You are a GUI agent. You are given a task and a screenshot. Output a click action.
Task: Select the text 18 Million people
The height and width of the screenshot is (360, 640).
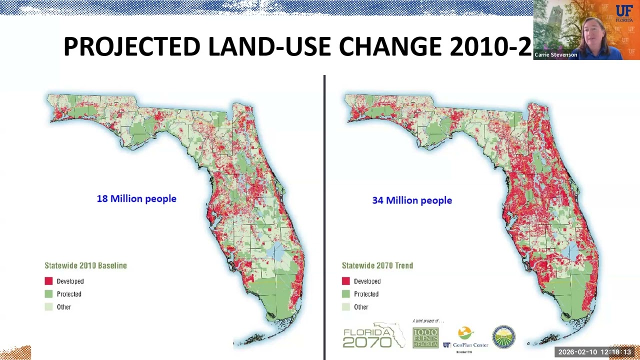136,199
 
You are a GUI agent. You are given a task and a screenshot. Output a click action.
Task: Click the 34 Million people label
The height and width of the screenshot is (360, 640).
412,200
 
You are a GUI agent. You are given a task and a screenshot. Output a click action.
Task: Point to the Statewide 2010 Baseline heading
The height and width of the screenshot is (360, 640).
85,265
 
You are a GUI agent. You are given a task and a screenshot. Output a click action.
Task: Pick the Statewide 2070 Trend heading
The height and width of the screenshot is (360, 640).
377,265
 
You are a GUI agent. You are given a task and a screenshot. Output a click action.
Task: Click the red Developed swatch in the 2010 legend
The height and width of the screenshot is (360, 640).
48,281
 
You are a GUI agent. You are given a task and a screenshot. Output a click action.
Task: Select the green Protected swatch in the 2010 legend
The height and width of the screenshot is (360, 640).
48,294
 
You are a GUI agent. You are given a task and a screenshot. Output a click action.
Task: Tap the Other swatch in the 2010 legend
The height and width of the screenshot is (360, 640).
48,307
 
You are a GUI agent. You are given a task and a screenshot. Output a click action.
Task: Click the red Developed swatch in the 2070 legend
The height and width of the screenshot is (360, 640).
345,281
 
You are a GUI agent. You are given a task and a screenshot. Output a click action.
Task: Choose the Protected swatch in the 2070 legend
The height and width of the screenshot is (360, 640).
345,294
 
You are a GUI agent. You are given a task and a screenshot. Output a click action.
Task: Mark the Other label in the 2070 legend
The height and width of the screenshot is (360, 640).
361,307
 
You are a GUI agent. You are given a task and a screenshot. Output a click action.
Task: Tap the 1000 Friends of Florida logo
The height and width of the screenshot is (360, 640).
425,337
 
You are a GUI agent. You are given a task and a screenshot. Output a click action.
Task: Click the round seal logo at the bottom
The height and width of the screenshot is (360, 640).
503,337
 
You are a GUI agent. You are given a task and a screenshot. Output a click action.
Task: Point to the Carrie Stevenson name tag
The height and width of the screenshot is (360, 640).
555,55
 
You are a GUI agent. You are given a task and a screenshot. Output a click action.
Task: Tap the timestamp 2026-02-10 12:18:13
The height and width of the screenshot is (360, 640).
594,352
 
